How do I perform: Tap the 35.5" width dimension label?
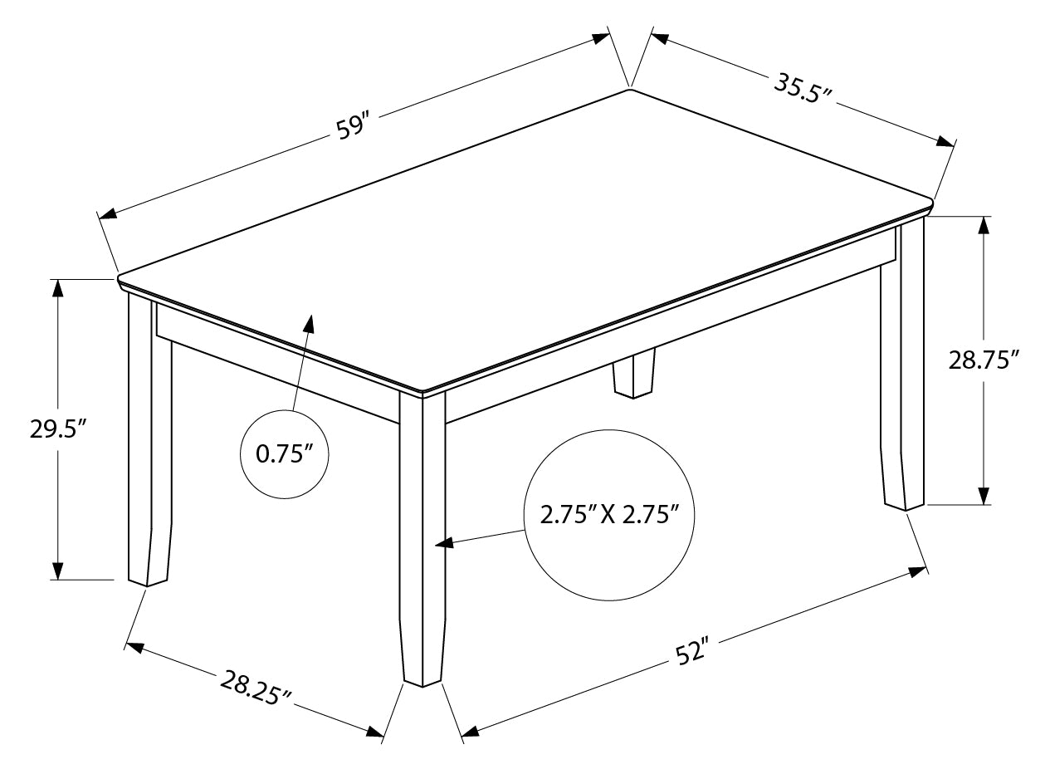pos(803,89)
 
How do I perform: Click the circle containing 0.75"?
pos(285,454)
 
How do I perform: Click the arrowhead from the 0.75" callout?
pos(310,323)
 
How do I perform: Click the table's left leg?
pos(149,440)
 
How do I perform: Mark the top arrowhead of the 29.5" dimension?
pos(57,287)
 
